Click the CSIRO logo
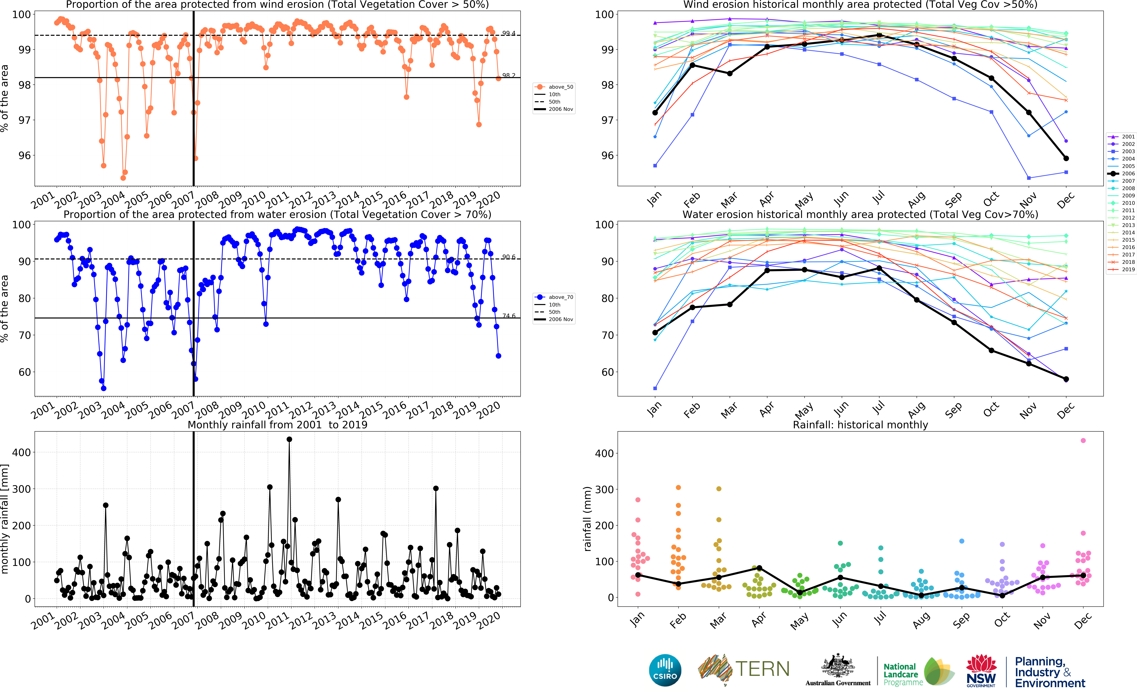[x=665, y=670]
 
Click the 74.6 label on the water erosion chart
[x=509, y=316]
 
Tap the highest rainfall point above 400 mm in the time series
[x=289, y=439]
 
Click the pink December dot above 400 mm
[x=1083, y=440]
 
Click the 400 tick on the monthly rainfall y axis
[x=21, y=452]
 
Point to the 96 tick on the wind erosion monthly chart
[x=607, y=156]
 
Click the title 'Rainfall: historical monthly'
[x=860, y=425]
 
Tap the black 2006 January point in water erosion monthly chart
[x=655, y=332]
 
